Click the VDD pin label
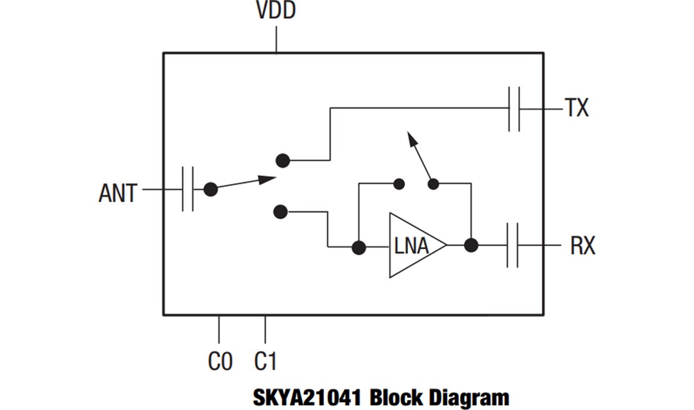(x=276, y=11)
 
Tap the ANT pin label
(x=118, y=192)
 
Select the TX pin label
(x=576, y=109)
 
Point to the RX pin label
(x=582, y=245)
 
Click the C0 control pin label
(x=220, y=361)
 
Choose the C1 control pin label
(x=265, y=361)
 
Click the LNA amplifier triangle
(x=414, y=245)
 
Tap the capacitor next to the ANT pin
(x=188, y=190)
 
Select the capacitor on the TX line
(x=514, y=109)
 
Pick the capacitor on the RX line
(x=512, y=245)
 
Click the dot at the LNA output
(x=471, y=245)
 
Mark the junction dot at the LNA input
(x=359, y=247)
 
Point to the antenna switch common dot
(x=210, y=190)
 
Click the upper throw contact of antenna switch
(x=281, y=160)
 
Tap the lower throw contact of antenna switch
(x=280, y=211)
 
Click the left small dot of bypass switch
(x=398, y=184)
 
